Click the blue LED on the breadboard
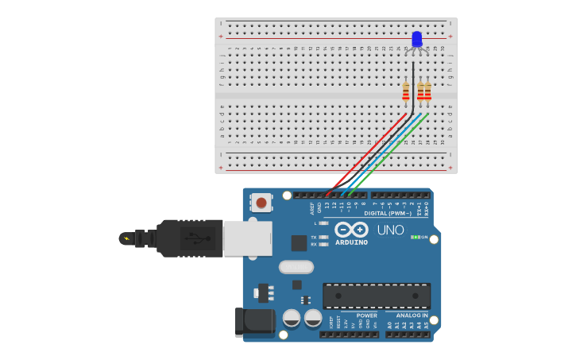click(x=417, y=39)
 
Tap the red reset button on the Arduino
click(x=261, y=203)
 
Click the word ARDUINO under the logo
click(x=351, y=242)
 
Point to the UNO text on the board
click(x=390, y=230)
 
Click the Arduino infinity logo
click(x=351, y=229)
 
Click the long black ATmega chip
click(x=377, y=296)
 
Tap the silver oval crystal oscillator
click(x=296, y=267)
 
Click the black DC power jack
click(x=254, y=321)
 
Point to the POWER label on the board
click(x=367, y=315)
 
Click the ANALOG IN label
click(x=412, y=315)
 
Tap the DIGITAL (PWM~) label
click(x=388, y=213)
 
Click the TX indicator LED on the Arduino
click(x=323, y=237)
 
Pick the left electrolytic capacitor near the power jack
click(x=292, y=319)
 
